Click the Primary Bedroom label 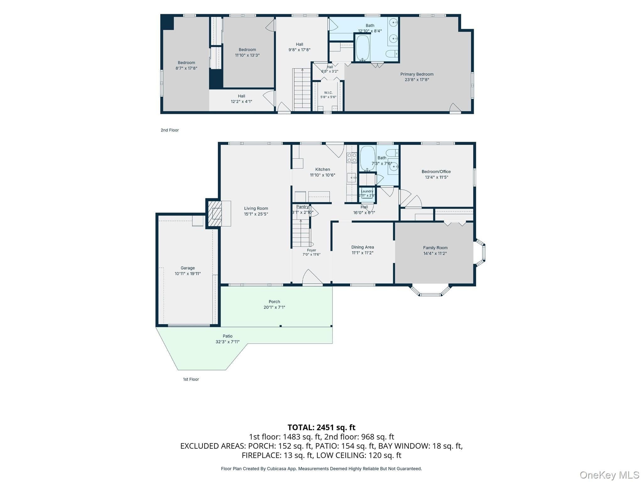tap(417, 74)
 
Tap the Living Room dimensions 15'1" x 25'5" tap(256, 214)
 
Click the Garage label tap(188, 268)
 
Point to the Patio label tap(228, 336)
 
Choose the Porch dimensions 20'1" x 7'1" tap(274, 308)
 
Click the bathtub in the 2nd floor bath tap(363, 48)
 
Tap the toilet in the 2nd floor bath tap(392, 54)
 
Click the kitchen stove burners tap(352, 158)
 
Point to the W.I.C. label tap(328, 93)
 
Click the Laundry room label tap(367, 191)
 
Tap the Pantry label tap(303, 207)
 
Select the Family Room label tap(435, 248)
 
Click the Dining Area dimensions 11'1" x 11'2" tap(363, 253)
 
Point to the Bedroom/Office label tap(436, 172)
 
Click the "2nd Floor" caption tap(170, 130)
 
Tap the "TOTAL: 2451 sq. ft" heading tap(321, 427)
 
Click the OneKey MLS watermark tap(609, 475)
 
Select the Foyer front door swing tap(312, 277)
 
